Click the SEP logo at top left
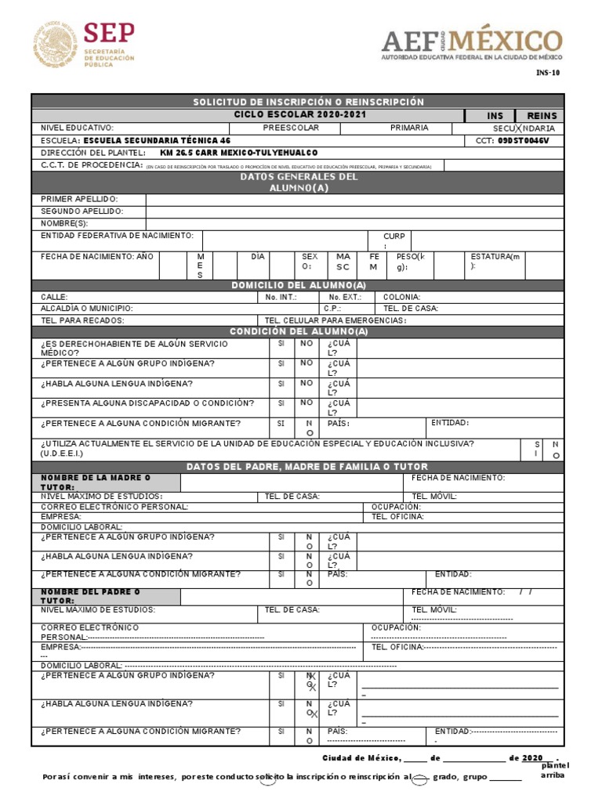(83, 45)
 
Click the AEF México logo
(471, 44)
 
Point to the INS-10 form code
(548, 73)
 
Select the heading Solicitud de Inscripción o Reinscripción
(308, 103)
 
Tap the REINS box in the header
(541, 115)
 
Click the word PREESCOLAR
(291, 128)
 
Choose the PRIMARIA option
(409, 128)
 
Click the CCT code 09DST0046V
(524, 140)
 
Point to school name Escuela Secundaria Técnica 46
(161, 140)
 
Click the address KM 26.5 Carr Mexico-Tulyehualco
(238, 153)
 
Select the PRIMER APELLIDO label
(79, 199)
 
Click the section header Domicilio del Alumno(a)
(298, 284)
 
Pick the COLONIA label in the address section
(401, 297)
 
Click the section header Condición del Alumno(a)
(298, 331)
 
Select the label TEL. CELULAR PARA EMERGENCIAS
(335, 320)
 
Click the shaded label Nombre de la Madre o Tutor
(96, 482)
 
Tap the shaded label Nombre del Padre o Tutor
(90, 596)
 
